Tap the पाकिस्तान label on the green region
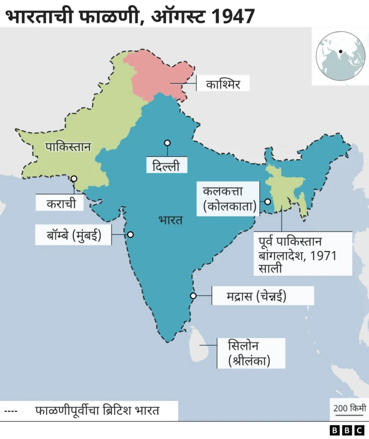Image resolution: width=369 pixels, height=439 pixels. point(68,147)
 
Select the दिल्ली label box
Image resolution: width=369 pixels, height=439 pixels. point(167,167)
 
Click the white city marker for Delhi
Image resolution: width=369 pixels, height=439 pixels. point(167,142)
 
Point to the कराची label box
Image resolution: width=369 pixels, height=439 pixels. point(60,203)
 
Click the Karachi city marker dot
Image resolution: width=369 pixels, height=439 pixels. point(74,179)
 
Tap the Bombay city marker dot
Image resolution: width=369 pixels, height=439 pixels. point(130,235)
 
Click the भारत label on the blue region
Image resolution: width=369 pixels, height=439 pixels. point(170,220)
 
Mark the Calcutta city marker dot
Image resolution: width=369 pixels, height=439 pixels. point(268,201)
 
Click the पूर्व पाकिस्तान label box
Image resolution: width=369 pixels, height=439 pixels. point(303,254)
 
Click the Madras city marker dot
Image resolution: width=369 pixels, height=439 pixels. point(193,296)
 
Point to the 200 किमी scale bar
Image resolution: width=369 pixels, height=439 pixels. point(349,410)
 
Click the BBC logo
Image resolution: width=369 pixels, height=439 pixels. point(347,430)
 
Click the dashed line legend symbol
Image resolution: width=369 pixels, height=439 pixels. point(11,411)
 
